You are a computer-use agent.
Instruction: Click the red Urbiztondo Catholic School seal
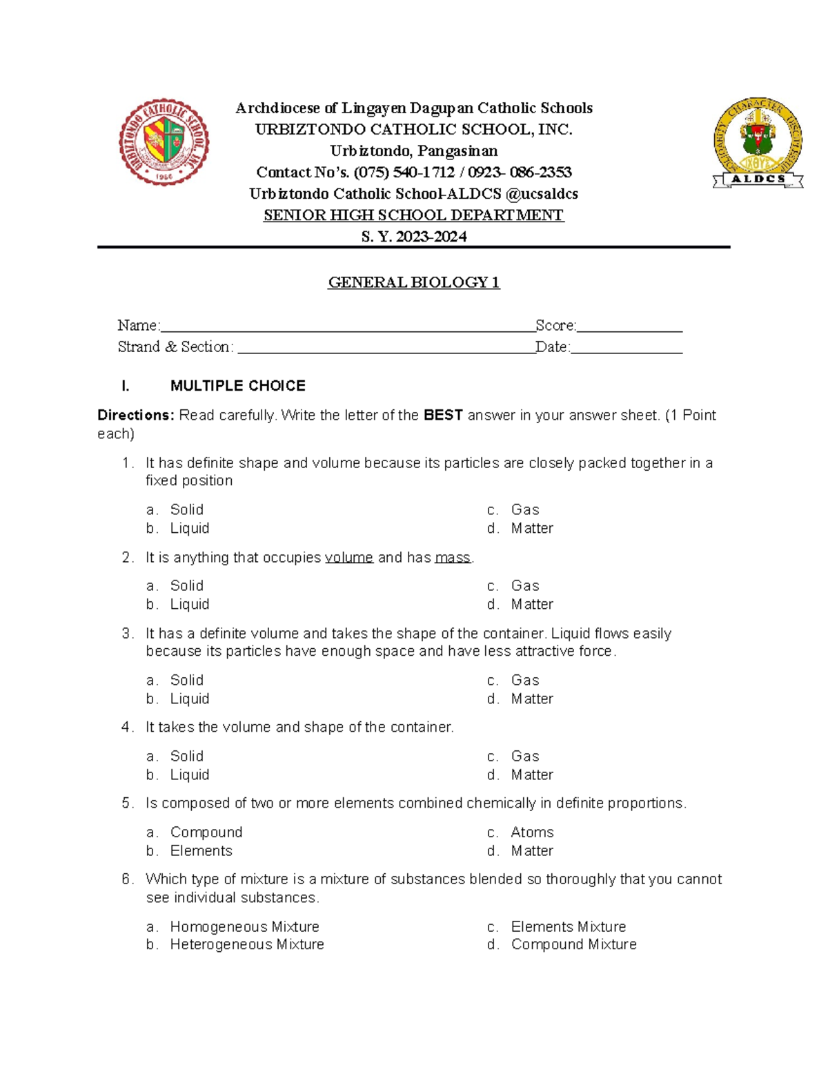[x=164, y=142]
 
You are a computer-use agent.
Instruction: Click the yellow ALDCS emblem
[x=758, y=143]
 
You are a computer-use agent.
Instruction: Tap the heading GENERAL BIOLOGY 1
[x=413, y=282]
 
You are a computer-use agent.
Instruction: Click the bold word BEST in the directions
[x=442, y=416]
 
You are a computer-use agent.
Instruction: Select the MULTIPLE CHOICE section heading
[x=237, y=386]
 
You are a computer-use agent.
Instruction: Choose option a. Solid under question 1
[x=186, y=510]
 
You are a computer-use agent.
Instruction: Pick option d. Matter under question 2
[x=531, y=605]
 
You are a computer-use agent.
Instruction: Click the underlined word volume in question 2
[x=348, y=558]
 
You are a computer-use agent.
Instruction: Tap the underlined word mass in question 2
[x=453, y=558]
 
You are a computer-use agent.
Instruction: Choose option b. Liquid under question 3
[x=189, y=699]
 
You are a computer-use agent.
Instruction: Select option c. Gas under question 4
[x=524, y=757]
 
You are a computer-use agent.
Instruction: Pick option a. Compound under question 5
[x=206, y=832]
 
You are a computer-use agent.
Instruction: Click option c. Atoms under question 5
[x=531, y=832]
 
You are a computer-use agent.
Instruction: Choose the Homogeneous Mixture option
[x=244, y=927]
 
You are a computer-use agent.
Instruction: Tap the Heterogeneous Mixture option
[x=246, y=944]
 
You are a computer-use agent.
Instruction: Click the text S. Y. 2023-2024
[x=414, y=237]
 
